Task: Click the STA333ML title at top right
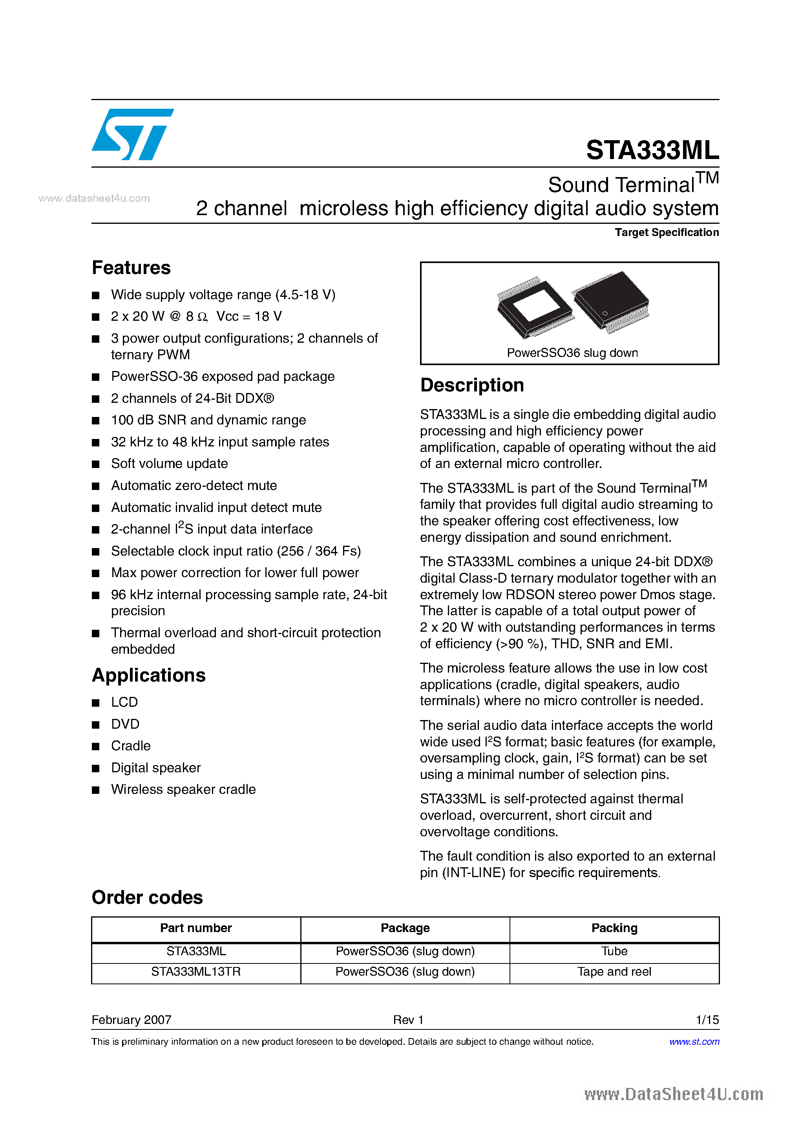(652, 150)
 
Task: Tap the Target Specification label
(667, 232)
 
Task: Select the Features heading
(131, 268)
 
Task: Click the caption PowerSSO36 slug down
(572, 353)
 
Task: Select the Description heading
(472, 386)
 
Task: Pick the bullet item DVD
(125, 724)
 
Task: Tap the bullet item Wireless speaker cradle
(183, 790)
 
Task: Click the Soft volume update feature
(169, 464)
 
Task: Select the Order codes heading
(147, 898)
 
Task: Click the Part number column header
(196, 929)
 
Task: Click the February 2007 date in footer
(132, 1020)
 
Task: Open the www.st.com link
(694, 1042)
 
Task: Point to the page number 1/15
(707, 1020)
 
